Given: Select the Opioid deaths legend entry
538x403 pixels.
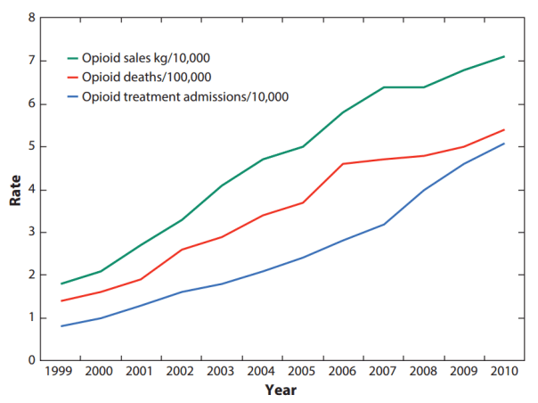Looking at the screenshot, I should point(146,78).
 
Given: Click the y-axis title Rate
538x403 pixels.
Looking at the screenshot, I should point(15,189).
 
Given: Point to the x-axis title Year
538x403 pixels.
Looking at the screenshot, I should point(281,390).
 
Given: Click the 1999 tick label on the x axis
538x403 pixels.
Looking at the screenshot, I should point(60,372).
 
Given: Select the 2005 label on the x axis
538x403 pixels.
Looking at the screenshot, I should point(303,372).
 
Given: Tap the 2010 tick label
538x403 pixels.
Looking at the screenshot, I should point(505,372).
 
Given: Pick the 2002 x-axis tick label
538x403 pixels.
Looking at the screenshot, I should point(181,372).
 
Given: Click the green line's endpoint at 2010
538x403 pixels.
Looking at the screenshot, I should point(505,56).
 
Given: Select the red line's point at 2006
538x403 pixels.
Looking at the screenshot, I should point(344,163).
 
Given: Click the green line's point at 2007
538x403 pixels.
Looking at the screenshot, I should point(384,86).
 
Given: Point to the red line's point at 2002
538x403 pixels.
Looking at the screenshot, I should point(181,250).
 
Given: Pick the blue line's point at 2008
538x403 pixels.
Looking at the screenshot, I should point(424,189).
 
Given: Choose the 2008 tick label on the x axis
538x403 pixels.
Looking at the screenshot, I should point(424,372).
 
